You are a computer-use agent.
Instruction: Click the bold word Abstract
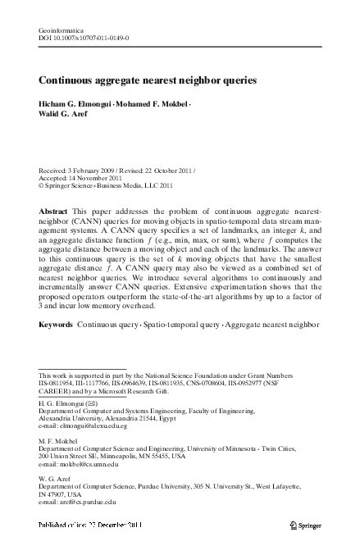point(53,212)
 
